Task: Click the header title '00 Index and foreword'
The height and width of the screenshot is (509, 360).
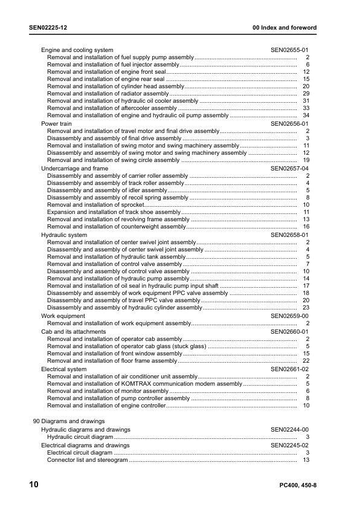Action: [x=284, y=28]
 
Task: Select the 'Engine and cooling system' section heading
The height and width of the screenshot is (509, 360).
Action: [x=77, y=50]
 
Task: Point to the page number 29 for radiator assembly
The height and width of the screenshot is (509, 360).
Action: [x=306, y=94]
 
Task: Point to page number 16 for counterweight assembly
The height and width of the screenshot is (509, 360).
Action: [x=306, y=227]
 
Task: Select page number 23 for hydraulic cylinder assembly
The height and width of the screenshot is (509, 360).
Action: [x=306, y=308]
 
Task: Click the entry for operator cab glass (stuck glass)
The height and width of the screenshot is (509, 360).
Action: [x=127, y=346]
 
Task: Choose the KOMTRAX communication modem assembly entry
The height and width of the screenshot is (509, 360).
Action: [x=144, y=383]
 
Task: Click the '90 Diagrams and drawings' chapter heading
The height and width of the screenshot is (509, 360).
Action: [x=68, y=421]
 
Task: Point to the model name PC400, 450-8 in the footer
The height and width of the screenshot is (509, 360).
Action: [x=298, y=486]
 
